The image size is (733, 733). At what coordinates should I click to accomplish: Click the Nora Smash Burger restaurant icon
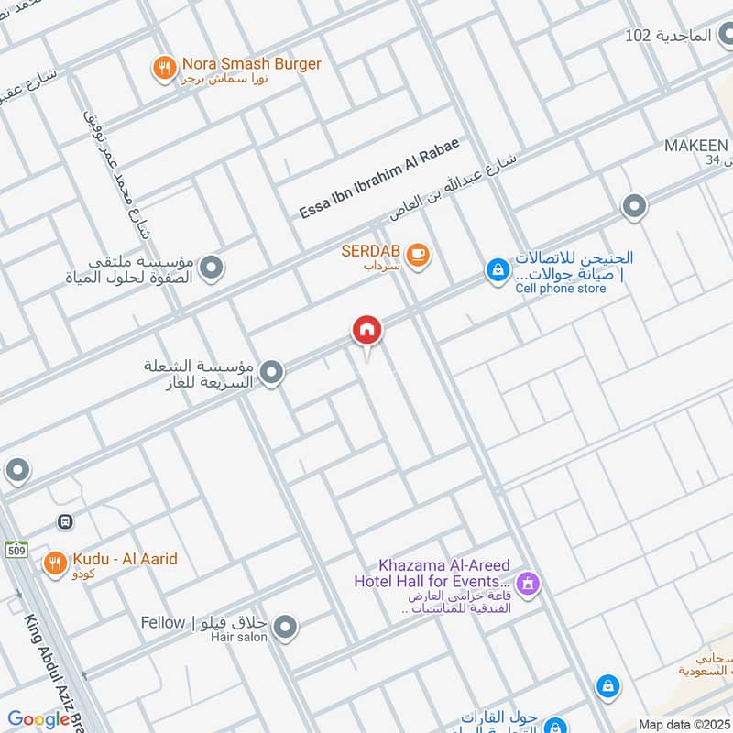click(x=164, y=67)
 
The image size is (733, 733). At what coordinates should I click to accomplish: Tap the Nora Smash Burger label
click(x=250, y=64)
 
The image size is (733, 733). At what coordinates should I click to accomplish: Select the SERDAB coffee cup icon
click(x=418, y=254)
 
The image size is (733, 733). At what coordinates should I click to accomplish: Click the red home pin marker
click(x=366, y=331)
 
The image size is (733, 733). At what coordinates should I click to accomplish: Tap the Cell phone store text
click(x=548, y=289)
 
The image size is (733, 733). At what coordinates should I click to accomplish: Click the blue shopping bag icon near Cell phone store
click(x=497, y=270)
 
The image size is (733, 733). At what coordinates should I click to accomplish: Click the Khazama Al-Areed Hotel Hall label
click(x=432, y=574)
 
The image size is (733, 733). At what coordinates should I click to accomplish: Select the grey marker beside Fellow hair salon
click(x=286, y=627)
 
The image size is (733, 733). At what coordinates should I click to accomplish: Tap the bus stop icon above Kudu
click(x=65, y=521)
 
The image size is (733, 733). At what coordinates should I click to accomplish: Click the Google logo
click(x=38, y=719)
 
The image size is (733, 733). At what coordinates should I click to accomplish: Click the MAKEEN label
click(x=696, y=147)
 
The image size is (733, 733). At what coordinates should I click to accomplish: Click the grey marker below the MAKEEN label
click(x=634, y=206)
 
